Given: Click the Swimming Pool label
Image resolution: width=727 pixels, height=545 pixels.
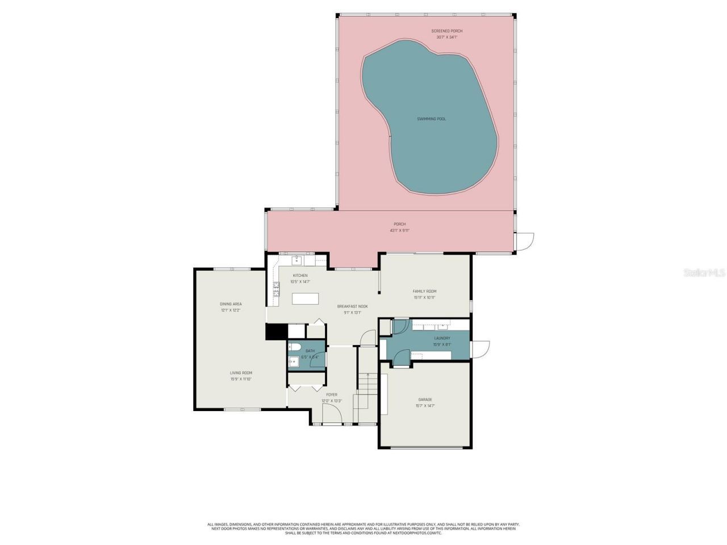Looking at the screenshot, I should pos(431,119).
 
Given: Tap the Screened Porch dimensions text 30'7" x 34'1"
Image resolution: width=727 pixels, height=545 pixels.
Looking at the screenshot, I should pos(446,37).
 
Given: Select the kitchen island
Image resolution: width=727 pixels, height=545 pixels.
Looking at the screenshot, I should pos(305,299).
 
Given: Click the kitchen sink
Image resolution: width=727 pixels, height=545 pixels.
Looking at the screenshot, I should pos(296,261).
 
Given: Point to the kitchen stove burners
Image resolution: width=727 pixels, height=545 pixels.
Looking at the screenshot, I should pos(277,290).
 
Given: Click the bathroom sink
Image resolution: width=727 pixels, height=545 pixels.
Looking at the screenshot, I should pos(293,361).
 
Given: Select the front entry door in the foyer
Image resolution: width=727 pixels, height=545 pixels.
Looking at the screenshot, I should pos(332,417).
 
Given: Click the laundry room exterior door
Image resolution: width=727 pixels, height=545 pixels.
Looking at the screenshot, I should pos(480,349).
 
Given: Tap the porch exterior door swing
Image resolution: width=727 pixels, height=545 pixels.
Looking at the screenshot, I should pos(524,241).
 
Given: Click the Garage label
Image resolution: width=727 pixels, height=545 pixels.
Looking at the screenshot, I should pos(425,400).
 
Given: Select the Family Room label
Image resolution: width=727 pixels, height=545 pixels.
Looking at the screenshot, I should pos(424,291).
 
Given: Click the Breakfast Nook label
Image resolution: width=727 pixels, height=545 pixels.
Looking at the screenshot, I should pos(352,307).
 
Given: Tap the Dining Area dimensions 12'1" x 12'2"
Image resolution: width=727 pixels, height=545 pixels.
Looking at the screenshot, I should pos(231,311).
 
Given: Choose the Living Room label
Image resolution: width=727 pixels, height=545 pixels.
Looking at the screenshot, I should pos(241,373).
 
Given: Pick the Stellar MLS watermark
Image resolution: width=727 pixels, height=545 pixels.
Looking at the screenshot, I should pos(704,273).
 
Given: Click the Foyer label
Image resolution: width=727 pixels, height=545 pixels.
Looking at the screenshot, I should pos(332,395).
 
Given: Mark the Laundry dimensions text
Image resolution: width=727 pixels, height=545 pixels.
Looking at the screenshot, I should pos(442,344).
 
